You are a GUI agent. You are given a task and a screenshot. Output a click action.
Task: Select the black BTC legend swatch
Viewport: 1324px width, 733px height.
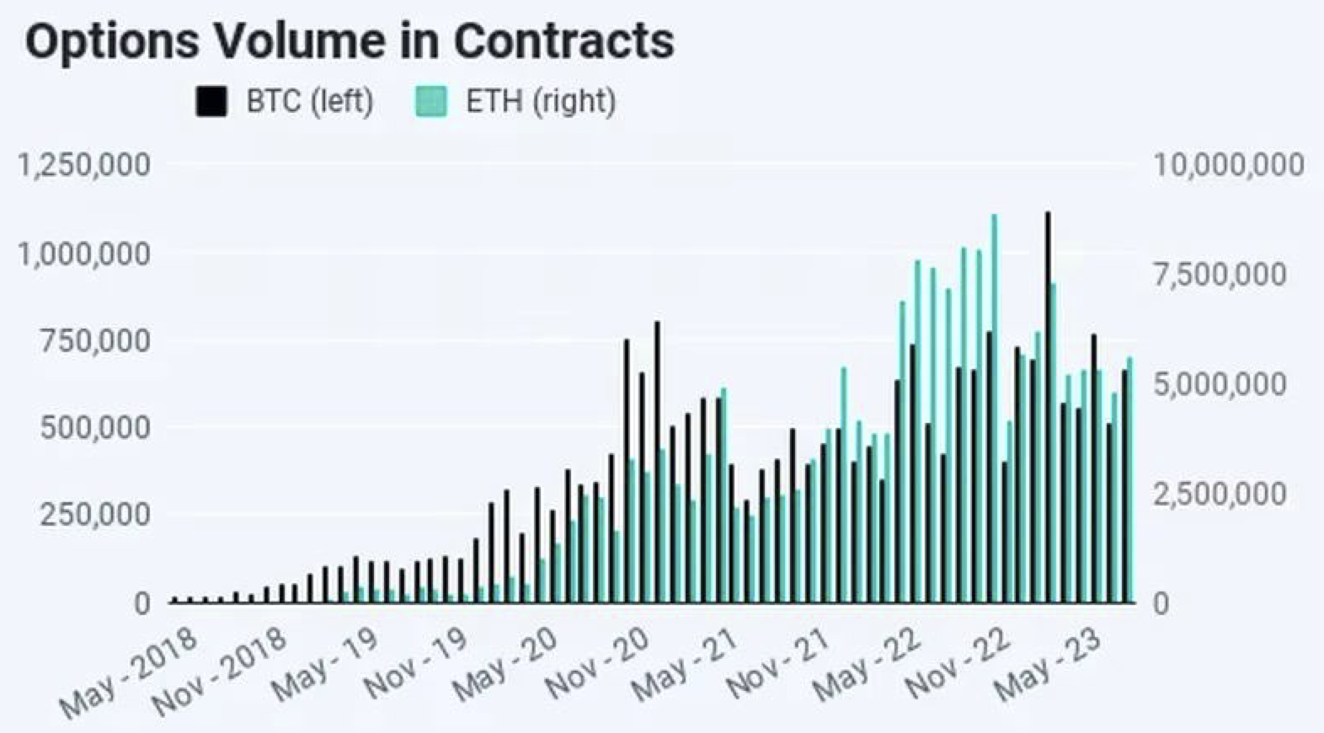pos(211,102)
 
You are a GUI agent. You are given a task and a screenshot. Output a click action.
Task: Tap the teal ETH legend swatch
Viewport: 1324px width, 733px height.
pos(430,102)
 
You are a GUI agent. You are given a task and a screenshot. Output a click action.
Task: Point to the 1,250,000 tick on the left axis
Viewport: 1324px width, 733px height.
pos(84,165)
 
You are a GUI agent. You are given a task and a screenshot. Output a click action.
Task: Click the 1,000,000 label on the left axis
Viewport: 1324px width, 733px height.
pos(84,254)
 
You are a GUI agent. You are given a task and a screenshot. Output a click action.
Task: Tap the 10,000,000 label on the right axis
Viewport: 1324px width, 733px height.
pos(1228,165)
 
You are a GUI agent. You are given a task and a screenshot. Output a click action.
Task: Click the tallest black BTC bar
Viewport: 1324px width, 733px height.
pos(1048,404)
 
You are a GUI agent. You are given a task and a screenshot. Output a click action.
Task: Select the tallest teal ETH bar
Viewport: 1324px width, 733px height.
pos(995,404)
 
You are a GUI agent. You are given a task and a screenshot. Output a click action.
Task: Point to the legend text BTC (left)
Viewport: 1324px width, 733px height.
pos(309,102)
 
